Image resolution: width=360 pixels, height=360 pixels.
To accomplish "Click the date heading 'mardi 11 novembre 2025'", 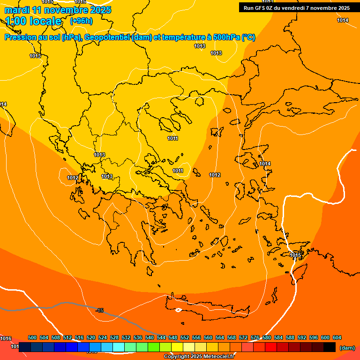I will pyautogui.click(x=58, y=10).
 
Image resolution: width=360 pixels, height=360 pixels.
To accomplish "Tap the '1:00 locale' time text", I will pyautogui.click(x=34, y=21).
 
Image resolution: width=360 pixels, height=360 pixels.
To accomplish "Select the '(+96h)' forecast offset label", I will pyautogui.click(x=81, y=21).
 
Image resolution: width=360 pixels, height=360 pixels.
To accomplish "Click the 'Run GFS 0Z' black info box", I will pyautogui.click(x=297, y=8).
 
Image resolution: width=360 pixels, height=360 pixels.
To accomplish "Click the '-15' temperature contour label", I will pyautogui.click(x=99, y=310).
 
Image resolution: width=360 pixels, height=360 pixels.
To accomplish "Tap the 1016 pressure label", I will pyautogui.click(x=6, y=338).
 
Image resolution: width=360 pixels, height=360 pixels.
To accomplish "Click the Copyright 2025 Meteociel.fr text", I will pyautogui.click(x=199, y=357).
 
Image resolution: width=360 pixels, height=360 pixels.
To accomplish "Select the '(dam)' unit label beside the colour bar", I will pyautogui.click(x=347, y=347).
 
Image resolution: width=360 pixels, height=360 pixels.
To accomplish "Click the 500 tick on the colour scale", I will pyautogui.click(x=32, y=337).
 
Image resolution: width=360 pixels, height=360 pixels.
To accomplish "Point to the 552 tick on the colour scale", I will pyautogui.click(x=185, y=337).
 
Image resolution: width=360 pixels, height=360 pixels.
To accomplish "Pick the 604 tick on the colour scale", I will pyautogui.click(x=337, y=337).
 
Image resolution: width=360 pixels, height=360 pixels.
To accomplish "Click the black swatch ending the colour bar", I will pyautogui.click(x=330, y=347).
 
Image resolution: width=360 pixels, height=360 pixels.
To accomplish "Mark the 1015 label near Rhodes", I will pyautogui.click(x=295, y=255).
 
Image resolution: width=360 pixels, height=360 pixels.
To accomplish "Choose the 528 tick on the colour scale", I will pyautogui.click(x=114, y=337).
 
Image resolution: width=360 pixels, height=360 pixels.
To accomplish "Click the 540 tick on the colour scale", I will pyautogui.click(x=150, y=337).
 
